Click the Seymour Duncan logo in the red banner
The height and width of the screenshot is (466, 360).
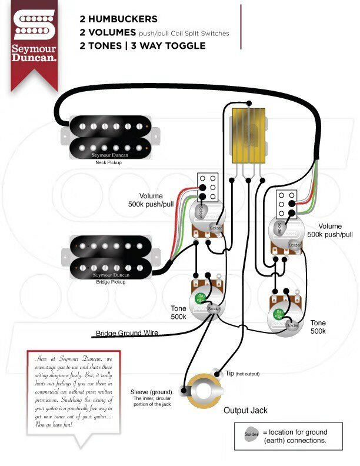coord(34,35)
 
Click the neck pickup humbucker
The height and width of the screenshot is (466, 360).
coord(104,136)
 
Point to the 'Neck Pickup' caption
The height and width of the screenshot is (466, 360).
coord(108,162)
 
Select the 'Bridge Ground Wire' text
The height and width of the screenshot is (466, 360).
coord(127,333)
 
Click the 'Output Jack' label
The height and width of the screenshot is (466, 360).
coord(245,410)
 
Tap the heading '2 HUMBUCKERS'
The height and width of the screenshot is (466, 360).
coord(118,19)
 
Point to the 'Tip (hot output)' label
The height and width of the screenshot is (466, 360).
coord(242,374)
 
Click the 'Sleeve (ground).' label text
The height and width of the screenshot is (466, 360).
coord(152,392)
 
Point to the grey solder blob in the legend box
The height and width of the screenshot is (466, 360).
coord(251,435)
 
